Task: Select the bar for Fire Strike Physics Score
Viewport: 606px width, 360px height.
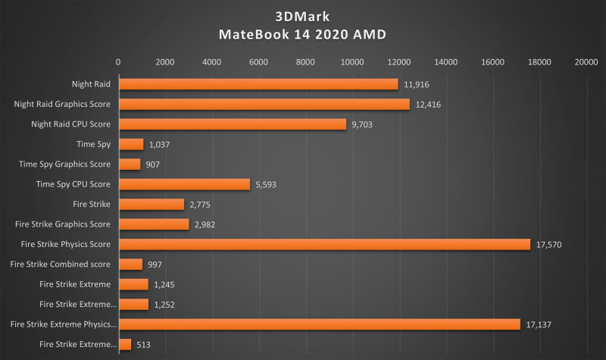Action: pos(323,244)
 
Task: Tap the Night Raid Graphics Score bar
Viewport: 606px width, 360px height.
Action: pos(264,104)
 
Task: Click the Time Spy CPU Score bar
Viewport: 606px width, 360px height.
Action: pos(184,184)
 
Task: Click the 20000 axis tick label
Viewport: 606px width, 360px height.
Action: pos(586,62)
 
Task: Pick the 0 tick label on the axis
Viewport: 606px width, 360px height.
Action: pos(118,62)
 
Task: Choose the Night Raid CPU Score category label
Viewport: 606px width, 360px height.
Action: pos(70,124)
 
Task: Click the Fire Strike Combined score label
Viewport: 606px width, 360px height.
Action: pos(61,264)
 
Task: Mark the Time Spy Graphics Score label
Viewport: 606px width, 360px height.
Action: pos(64,164)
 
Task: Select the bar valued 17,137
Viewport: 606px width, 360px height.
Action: pos(319,324)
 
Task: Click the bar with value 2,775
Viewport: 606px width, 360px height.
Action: pos(151,204)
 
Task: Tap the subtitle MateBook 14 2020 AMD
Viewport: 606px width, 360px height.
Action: pos(302,35)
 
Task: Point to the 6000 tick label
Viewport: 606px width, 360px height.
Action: pos(258,62)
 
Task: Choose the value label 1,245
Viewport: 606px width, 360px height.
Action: pos(165,284)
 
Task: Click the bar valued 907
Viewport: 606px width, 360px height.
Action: pos(130,164)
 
